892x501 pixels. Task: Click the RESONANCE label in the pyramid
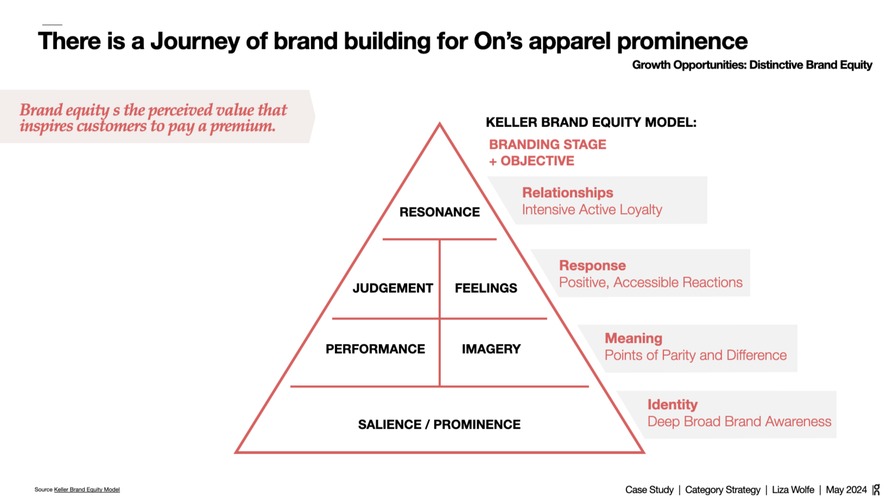439,212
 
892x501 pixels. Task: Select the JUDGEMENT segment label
393,288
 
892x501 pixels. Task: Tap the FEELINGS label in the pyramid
486,288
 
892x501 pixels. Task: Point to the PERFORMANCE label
375,349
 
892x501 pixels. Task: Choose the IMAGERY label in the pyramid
491,349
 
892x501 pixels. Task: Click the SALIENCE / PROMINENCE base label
439,424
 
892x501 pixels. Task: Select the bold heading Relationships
567,193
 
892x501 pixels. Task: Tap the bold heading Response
592,266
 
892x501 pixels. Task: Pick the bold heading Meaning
633,339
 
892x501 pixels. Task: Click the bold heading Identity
672,405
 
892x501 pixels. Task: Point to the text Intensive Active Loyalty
592,210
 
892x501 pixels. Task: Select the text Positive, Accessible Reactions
650,283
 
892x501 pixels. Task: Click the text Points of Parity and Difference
695,355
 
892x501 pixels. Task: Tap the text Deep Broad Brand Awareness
739,422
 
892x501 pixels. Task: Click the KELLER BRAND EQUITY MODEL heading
591,122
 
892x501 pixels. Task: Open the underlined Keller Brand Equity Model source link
87,490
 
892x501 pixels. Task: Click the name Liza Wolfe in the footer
793,490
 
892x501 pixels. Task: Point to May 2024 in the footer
846,490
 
